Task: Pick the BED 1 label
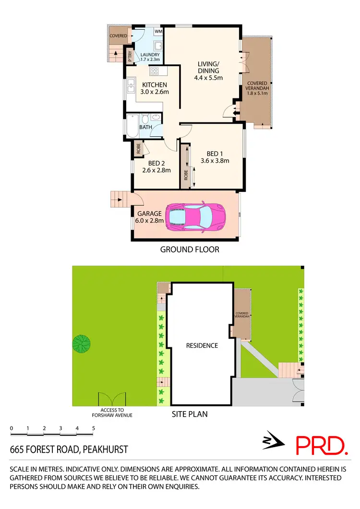point(215,154)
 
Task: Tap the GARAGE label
point(149,213)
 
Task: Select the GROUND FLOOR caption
point(190,249)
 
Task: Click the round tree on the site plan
point(81,343)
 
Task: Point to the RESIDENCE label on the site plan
point(202,345)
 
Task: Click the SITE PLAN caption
point(190,414)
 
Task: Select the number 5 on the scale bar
point(94,428)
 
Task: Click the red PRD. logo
point(321,445)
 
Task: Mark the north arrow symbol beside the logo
point(272,442)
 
